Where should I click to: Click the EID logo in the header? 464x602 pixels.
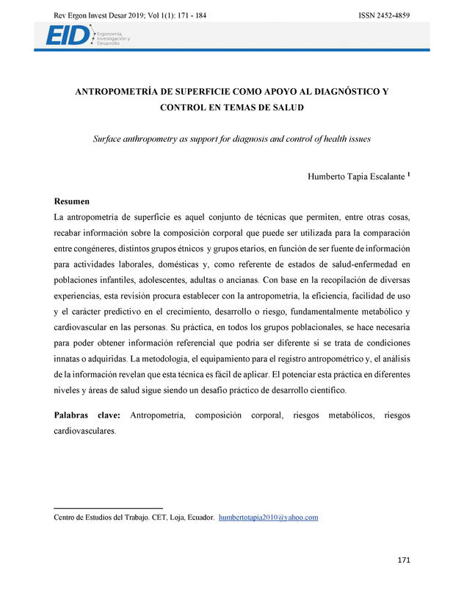(68, 35)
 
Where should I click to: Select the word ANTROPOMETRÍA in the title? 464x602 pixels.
(115, 92)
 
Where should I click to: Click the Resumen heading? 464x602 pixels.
(73, 201)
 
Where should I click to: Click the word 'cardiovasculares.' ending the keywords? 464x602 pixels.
(85, 431)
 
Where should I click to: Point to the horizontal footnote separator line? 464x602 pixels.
(109, 508)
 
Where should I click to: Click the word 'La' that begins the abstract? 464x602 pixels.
(59, 218)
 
